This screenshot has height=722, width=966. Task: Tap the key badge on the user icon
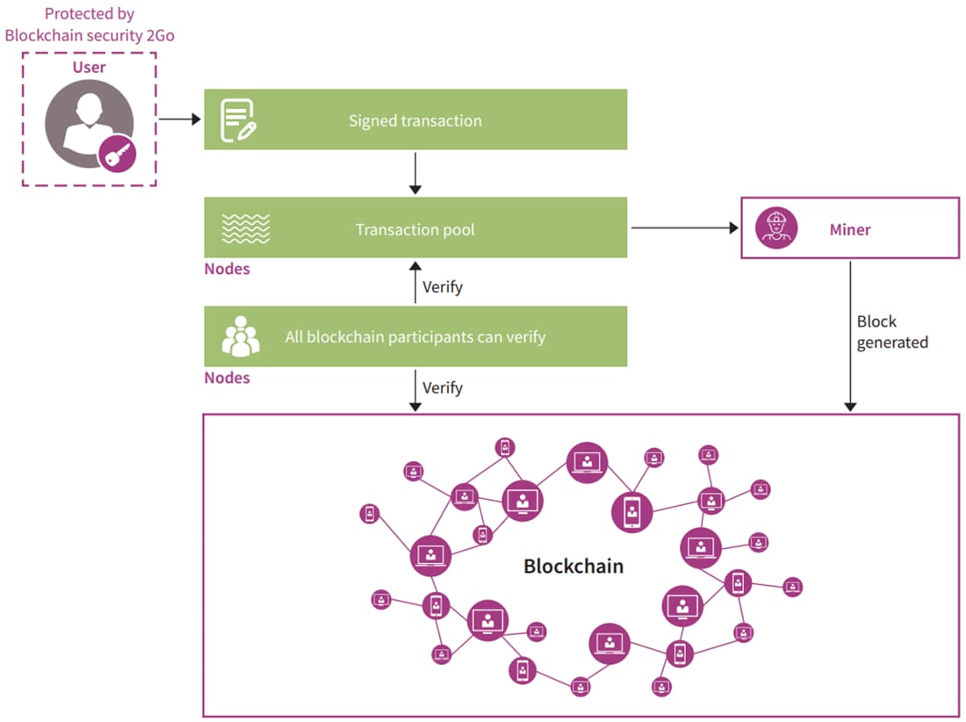(117, 155)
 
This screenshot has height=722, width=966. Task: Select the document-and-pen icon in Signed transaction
(238, 120)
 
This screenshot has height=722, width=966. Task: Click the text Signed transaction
(415, 121)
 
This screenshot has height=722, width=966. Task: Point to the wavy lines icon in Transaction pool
(245, 229)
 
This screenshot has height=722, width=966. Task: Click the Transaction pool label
(415, 230)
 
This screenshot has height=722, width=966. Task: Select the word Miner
(849, 230)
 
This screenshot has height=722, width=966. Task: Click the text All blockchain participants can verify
(415, 337)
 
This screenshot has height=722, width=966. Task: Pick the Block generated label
(891, 332)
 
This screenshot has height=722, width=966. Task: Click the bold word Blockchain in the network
(573, 566)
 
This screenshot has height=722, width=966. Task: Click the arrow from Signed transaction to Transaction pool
(416, 173)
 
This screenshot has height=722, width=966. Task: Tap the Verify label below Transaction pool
(442, 287)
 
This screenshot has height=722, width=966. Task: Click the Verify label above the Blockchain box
(442, 387)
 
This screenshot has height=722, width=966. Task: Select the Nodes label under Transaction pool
(227, 269)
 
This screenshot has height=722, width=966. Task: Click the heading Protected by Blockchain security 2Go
(89, 25)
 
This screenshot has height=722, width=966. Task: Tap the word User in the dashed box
(89, 67)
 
